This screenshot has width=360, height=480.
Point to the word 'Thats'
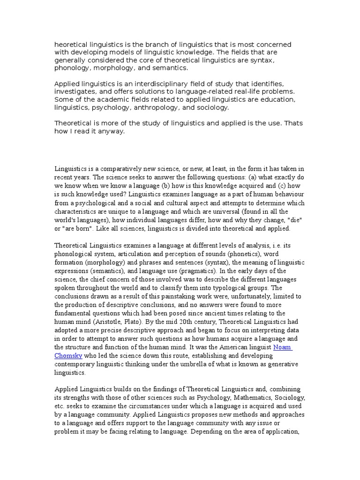(x=292, y=123)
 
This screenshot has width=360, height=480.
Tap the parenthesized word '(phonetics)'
(x=258, y=254)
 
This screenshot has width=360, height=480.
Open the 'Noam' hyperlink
(x=282, y=347)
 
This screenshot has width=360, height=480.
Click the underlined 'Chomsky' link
(x=68, y=356)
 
